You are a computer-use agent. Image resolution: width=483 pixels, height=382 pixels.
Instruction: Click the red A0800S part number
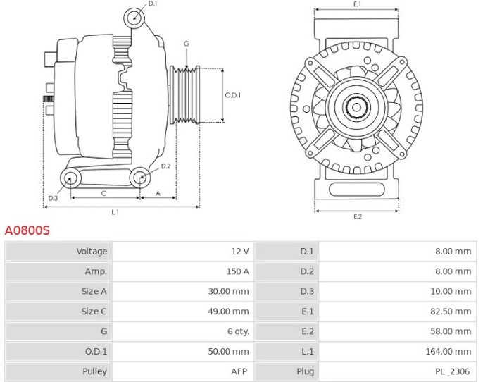click(27, 230)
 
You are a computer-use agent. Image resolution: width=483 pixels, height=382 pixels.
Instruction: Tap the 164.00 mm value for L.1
click(448, 351)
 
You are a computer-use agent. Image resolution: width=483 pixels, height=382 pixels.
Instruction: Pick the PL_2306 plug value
click(452, 371)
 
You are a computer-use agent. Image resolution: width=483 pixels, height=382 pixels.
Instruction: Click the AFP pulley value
click(239, 371)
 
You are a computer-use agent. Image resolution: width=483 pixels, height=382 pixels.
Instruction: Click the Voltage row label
click(92, 252)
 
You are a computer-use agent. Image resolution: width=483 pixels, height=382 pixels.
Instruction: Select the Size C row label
click(94, 312)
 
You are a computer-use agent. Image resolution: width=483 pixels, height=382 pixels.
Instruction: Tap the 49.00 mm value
click(228, 312)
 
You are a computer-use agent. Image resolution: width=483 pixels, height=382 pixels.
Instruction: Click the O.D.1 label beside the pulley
click(232, 95)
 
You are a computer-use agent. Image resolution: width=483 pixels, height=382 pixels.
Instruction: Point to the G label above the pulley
click(187, 44)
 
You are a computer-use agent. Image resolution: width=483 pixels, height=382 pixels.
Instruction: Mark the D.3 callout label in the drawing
click(53, 198)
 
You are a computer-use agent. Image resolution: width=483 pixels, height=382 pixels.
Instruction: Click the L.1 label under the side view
click(115, 212)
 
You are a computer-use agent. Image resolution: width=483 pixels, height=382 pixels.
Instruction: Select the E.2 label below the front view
click(358, 217)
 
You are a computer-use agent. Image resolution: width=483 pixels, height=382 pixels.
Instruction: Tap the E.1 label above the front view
click(357, 4)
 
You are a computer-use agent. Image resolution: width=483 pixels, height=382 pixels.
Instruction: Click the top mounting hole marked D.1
click(134, 18)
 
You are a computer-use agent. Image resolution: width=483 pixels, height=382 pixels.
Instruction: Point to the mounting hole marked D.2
click(140, 178)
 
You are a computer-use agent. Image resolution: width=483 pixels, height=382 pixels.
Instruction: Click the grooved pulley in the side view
click(184, 95)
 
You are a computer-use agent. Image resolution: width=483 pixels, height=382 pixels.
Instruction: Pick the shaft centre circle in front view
click(356, 108)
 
